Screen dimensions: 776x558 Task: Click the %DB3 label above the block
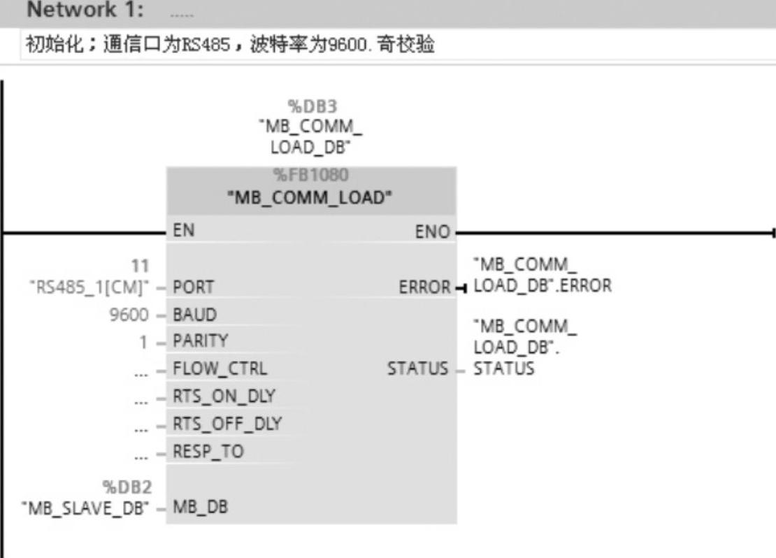[310, 106]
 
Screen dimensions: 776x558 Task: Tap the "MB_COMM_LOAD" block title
[310, 197]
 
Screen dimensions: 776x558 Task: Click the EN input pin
[184, 231]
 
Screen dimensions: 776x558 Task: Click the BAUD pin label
[193, 314]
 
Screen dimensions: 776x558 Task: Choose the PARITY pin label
[200, 341]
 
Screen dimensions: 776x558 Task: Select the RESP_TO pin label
[208, 451]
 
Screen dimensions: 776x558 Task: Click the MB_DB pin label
[200, 506]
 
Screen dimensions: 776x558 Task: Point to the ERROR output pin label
[422, 287]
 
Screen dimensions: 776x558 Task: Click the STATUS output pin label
[417, 369]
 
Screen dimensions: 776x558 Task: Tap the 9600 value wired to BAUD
[129, 314]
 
